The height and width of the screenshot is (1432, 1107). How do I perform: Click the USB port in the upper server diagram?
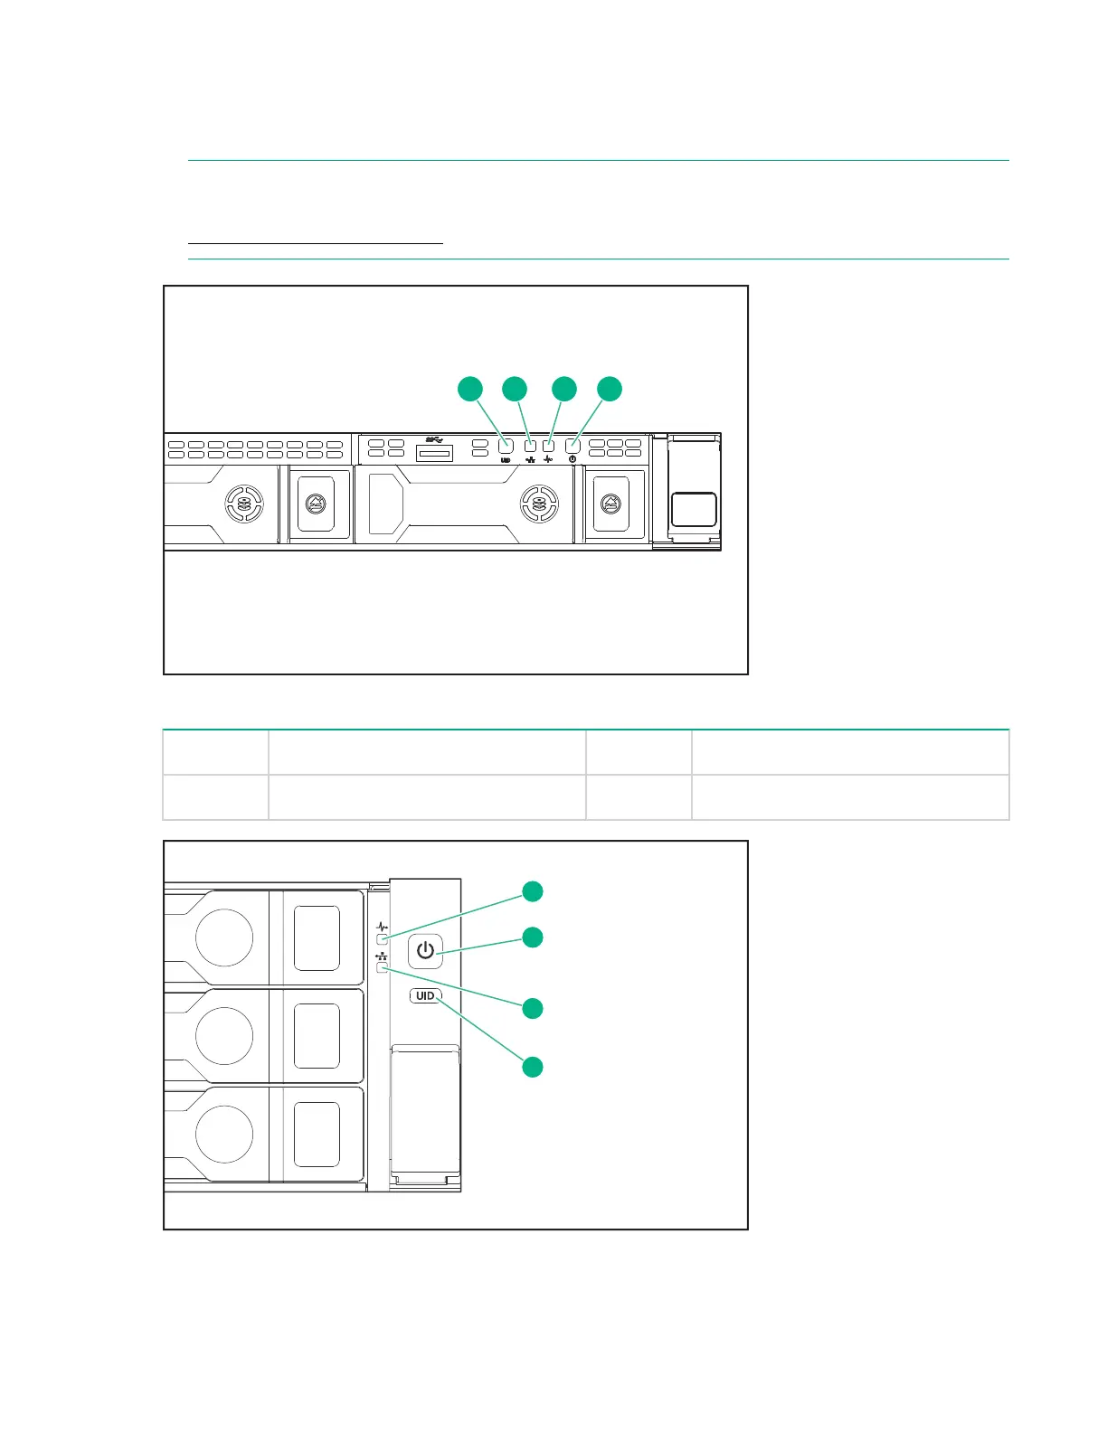[434, 451]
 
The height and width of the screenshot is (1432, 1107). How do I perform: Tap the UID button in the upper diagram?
[506, 446]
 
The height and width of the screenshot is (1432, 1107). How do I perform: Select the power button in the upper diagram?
[572, 446]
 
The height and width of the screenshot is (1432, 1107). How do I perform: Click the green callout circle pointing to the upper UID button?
[469, 389]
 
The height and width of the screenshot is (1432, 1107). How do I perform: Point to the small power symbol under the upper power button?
[572, 459]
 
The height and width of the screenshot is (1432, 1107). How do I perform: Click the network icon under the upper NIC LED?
[530, 459]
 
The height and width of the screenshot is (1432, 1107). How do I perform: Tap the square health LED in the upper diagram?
[548, 446]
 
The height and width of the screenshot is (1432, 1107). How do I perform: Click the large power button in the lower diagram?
[425, 951]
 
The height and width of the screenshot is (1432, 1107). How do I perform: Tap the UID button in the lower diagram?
[425, 995]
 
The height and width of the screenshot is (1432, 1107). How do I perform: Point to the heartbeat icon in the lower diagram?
[382, 927]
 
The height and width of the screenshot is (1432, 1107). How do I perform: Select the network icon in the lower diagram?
[382, 956]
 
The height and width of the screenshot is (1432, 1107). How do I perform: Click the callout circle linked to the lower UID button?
[534, 1067]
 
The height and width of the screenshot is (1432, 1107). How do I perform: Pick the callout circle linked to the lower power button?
[534, 937]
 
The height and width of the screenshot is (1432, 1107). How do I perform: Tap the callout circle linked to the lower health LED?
[534, 891]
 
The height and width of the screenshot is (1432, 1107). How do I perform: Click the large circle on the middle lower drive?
[224, 1035]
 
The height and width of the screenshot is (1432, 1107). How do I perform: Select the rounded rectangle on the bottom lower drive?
[317, 1134]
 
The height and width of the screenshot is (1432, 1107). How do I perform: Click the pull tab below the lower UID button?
[425, 1112]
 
